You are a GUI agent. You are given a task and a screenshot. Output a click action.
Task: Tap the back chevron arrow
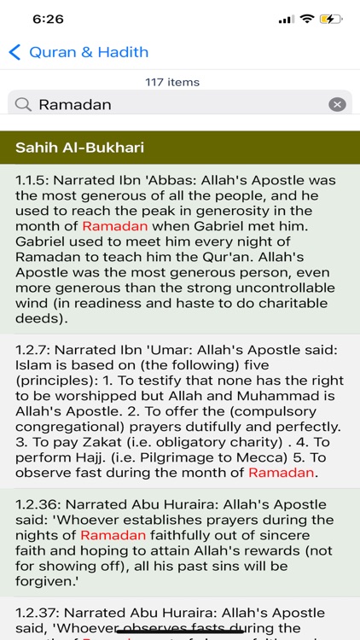click(15, 52)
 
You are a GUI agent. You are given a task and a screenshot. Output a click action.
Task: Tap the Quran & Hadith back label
click(89, 52)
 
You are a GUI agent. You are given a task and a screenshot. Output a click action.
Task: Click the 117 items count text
click(172, 82)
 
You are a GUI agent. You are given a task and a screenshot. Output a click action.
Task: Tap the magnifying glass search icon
click(25, 104)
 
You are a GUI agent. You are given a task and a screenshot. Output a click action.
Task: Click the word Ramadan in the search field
click(75, 104)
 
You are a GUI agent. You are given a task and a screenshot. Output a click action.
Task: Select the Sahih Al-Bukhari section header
click(79, 148)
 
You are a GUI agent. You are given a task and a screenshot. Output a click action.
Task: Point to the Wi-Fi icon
click(305, 19)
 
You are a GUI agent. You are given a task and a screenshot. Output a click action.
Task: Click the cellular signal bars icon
click(286, 19)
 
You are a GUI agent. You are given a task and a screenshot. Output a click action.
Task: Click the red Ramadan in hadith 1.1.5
click(115, 226)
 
